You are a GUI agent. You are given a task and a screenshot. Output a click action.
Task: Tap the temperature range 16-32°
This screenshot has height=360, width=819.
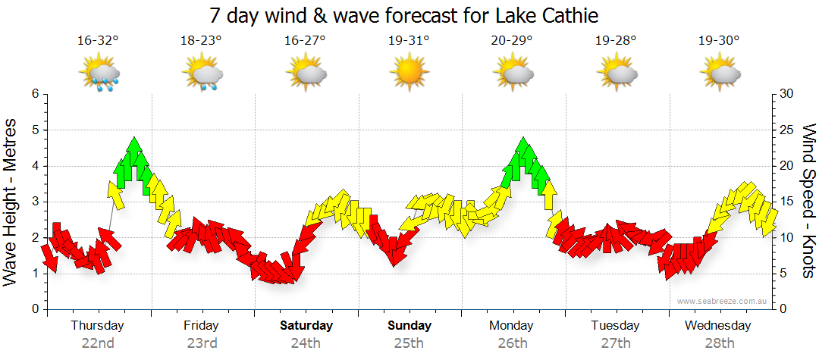(98, 41)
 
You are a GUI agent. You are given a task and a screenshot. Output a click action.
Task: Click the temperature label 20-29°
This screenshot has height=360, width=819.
(512, 41)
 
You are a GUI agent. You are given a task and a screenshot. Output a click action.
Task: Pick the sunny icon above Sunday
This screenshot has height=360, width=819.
(409, 74)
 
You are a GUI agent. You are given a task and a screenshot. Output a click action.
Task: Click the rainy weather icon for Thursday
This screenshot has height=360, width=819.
(99, 74)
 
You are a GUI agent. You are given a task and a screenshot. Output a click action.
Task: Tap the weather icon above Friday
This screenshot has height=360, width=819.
(202, 74)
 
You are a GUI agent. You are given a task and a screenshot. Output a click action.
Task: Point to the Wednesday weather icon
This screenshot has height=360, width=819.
(720, 74)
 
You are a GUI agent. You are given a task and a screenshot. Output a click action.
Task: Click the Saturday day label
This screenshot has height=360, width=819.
(306, 326)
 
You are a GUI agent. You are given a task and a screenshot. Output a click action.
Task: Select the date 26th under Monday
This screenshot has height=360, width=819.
(512, 343)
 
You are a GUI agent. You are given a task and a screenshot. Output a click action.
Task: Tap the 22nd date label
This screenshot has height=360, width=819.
(98, 343)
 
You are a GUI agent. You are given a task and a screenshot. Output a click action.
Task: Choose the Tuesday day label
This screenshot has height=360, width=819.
(616, 326)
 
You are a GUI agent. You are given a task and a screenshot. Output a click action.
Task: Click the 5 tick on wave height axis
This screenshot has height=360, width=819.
(34, 130)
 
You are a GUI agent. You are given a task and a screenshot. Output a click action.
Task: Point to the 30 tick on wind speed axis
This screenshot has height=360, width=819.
(786, 94)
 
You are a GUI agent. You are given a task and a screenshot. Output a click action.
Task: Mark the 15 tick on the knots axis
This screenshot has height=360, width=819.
(786, 202)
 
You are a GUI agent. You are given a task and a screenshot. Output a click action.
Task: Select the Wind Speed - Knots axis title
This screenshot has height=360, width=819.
(808, 201)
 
